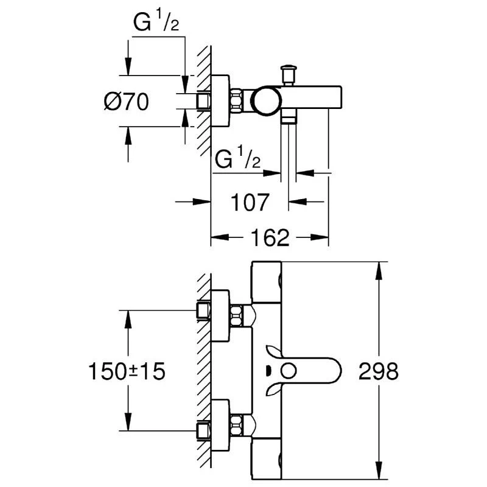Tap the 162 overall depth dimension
click(x=269, y=238)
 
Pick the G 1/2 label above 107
click(x=237, y=161)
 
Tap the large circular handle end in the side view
click(x=267, y=100)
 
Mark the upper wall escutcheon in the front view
click(x=220, y=315)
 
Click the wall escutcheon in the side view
click(x=220, y=100)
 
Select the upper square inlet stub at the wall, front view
click(x=203, y=310)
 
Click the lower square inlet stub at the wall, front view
click(x=203, y=430)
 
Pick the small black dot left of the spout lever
click(x=270, y=370)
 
